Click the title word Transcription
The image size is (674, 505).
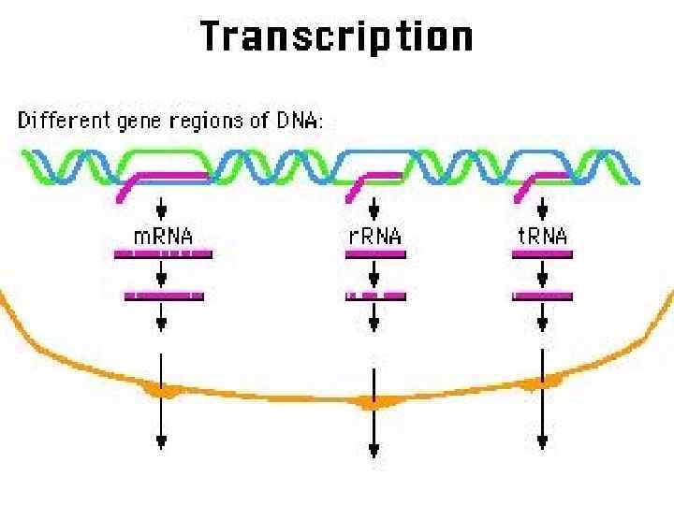click(336, 38)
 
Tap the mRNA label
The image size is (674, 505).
click(163, 236)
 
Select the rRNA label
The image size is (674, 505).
click(374, 236)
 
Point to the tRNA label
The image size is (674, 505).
click(542, 236)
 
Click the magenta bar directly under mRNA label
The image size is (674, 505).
click(163, 253)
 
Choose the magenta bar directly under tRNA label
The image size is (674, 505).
click(542, 253)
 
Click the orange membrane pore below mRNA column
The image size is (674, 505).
click(162, 390)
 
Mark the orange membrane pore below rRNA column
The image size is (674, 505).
click(374, 403)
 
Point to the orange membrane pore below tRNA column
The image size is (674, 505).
click(541, 382)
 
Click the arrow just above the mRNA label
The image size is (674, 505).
click(162, 206)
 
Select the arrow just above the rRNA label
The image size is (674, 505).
click(374, 206)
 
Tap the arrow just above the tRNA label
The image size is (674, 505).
click(542, 206)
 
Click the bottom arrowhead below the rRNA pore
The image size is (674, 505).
click(374, 452)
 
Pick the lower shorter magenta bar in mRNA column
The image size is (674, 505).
click(164, 296)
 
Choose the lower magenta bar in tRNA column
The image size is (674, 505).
click(542, 296)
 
